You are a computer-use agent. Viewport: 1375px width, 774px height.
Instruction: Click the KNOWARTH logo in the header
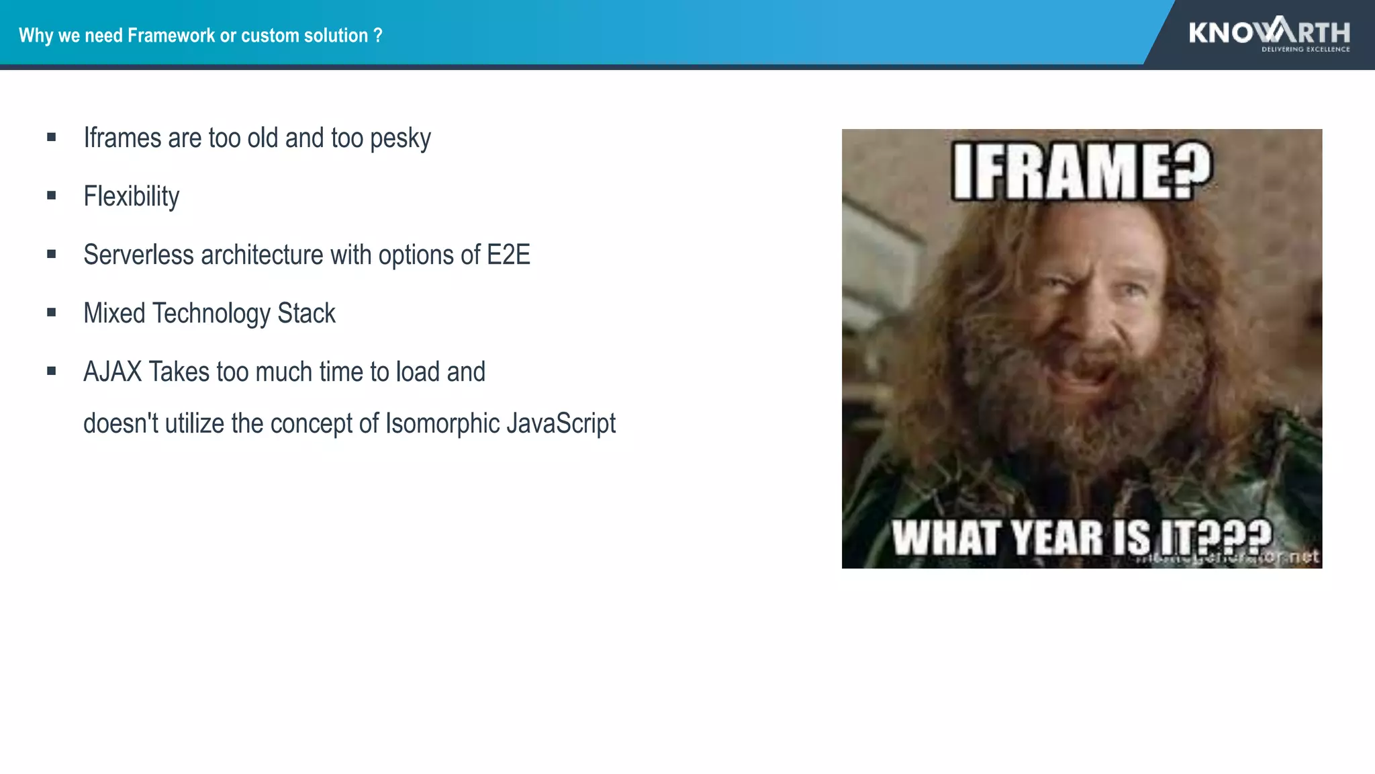click(1268, 32)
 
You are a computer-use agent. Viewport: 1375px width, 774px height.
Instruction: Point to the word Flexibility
click(132, 197)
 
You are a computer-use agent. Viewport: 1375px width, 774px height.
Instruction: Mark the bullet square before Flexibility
click(52, 196)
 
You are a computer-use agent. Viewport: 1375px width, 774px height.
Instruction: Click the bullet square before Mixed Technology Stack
click(52, 312)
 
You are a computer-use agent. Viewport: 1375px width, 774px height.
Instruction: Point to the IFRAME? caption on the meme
click(1082, 171)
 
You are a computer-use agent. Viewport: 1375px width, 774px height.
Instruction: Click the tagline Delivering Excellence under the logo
click(1305, 49)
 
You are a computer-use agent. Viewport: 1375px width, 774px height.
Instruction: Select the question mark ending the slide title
click(378, 35)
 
